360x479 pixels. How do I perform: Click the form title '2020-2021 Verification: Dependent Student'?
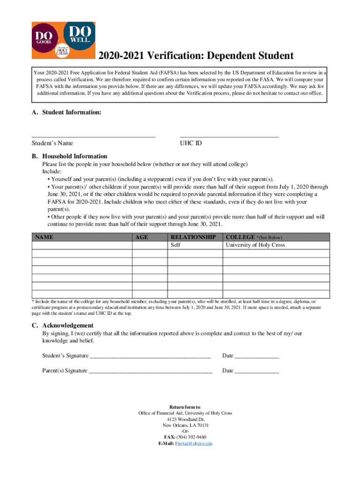pos(195,56)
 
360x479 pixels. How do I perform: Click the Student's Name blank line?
pos(93,136)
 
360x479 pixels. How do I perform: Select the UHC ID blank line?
pos(229,136)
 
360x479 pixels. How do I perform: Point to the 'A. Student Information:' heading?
pos(66,113)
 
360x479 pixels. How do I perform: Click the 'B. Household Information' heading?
pos(70,156)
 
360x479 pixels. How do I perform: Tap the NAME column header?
pos(44,237)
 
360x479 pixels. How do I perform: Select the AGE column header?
pos(142,237)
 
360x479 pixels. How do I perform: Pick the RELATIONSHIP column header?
pos(193,237)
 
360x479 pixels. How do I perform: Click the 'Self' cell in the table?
pos(175,245)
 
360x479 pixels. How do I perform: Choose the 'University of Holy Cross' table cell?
pos(255,245)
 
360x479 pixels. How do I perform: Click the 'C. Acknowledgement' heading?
pos(63,325)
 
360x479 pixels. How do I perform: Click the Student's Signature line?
pos(150,356)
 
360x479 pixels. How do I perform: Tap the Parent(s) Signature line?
pos(150,371)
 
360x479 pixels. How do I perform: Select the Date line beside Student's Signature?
pos(257,356)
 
